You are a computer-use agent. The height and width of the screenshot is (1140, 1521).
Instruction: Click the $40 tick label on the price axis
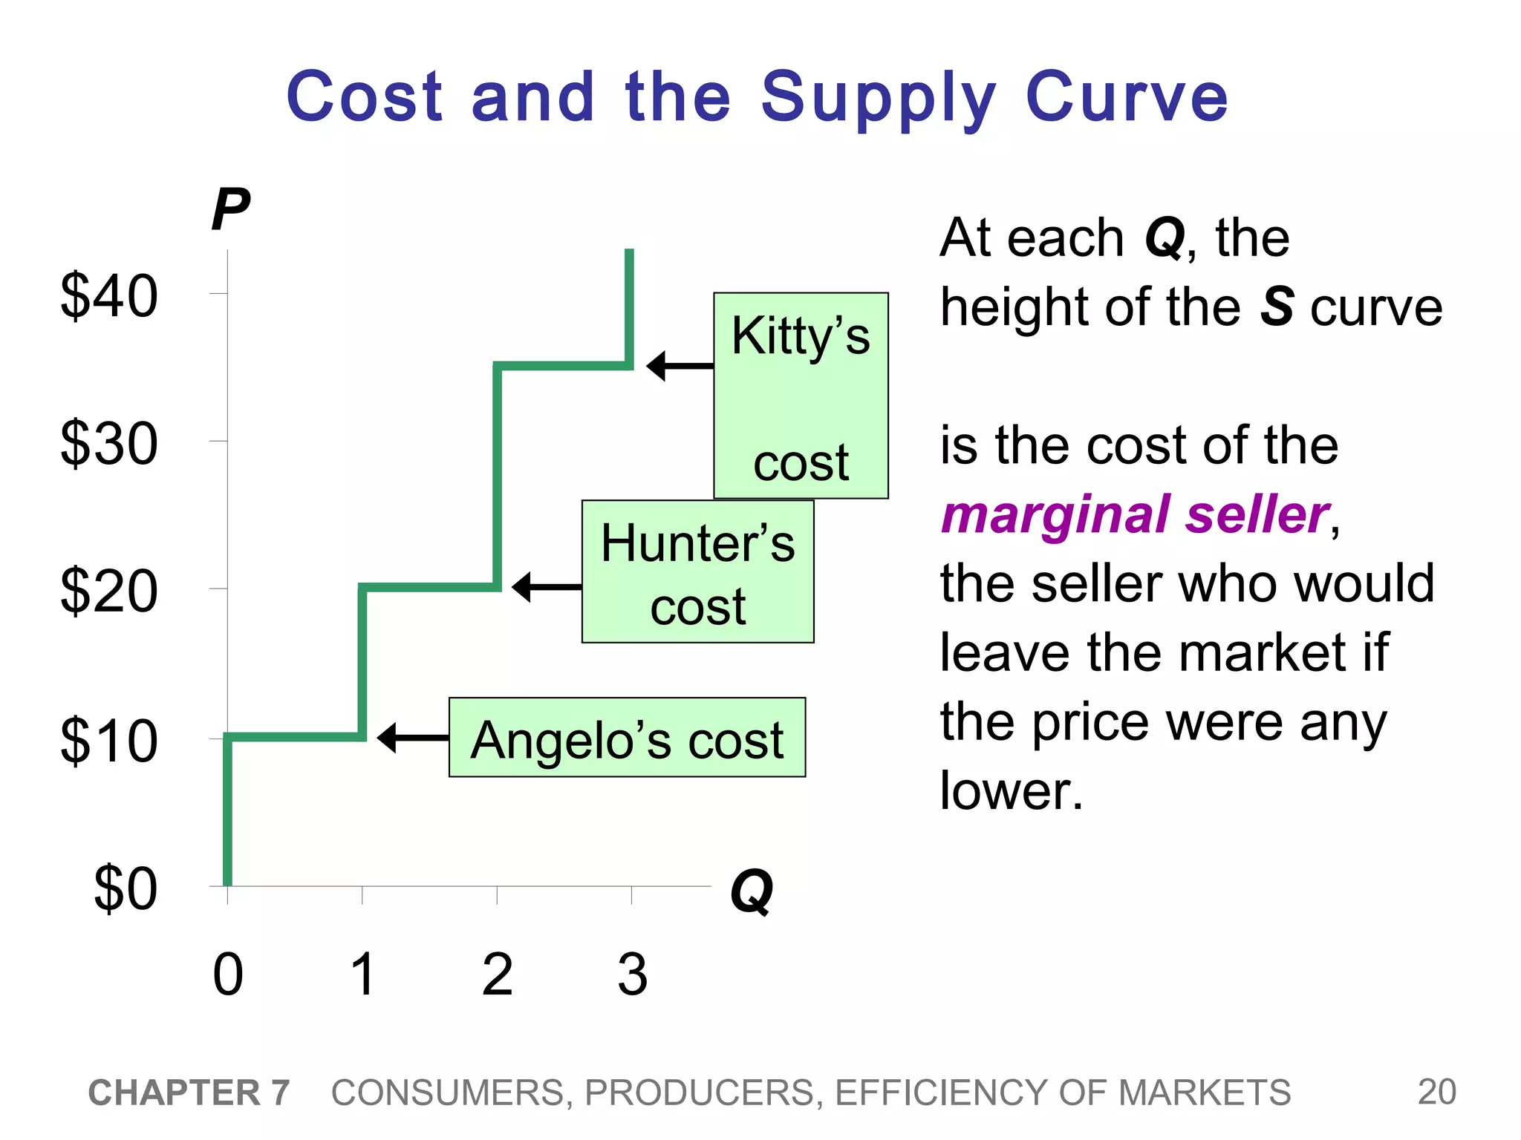[109, 296]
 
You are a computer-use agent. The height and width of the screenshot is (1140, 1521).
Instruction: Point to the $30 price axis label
[109, 444]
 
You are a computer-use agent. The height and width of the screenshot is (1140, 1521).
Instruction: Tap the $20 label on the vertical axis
[109, 591]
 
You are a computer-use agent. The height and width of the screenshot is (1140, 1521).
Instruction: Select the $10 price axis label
[109, 740]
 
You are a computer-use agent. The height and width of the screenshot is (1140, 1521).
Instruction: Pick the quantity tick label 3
[632, 974]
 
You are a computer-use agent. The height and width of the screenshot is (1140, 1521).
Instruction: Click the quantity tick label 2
[497, 974]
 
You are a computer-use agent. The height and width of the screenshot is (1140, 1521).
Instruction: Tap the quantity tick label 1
[362, 974]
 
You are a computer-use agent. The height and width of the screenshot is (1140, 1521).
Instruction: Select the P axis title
[230, 210]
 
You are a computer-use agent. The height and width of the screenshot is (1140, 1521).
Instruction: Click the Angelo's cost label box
[627, 738]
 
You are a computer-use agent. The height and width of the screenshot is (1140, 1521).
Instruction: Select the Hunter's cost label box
[697, 571]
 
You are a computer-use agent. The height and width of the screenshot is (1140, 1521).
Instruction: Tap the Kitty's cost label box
[801, 396]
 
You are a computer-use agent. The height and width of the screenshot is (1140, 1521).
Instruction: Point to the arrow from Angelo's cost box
[413, 738]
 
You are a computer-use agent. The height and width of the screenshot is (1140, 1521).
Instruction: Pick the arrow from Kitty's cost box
[680, 366]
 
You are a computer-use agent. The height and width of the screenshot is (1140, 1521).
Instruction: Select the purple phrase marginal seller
[1135, 514]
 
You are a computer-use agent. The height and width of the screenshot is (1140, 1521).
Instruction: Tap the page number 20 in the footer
[1436, 1092]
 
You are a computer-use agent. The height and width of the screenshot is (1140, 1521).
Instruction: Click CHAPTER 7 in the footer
[189, 1092]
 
